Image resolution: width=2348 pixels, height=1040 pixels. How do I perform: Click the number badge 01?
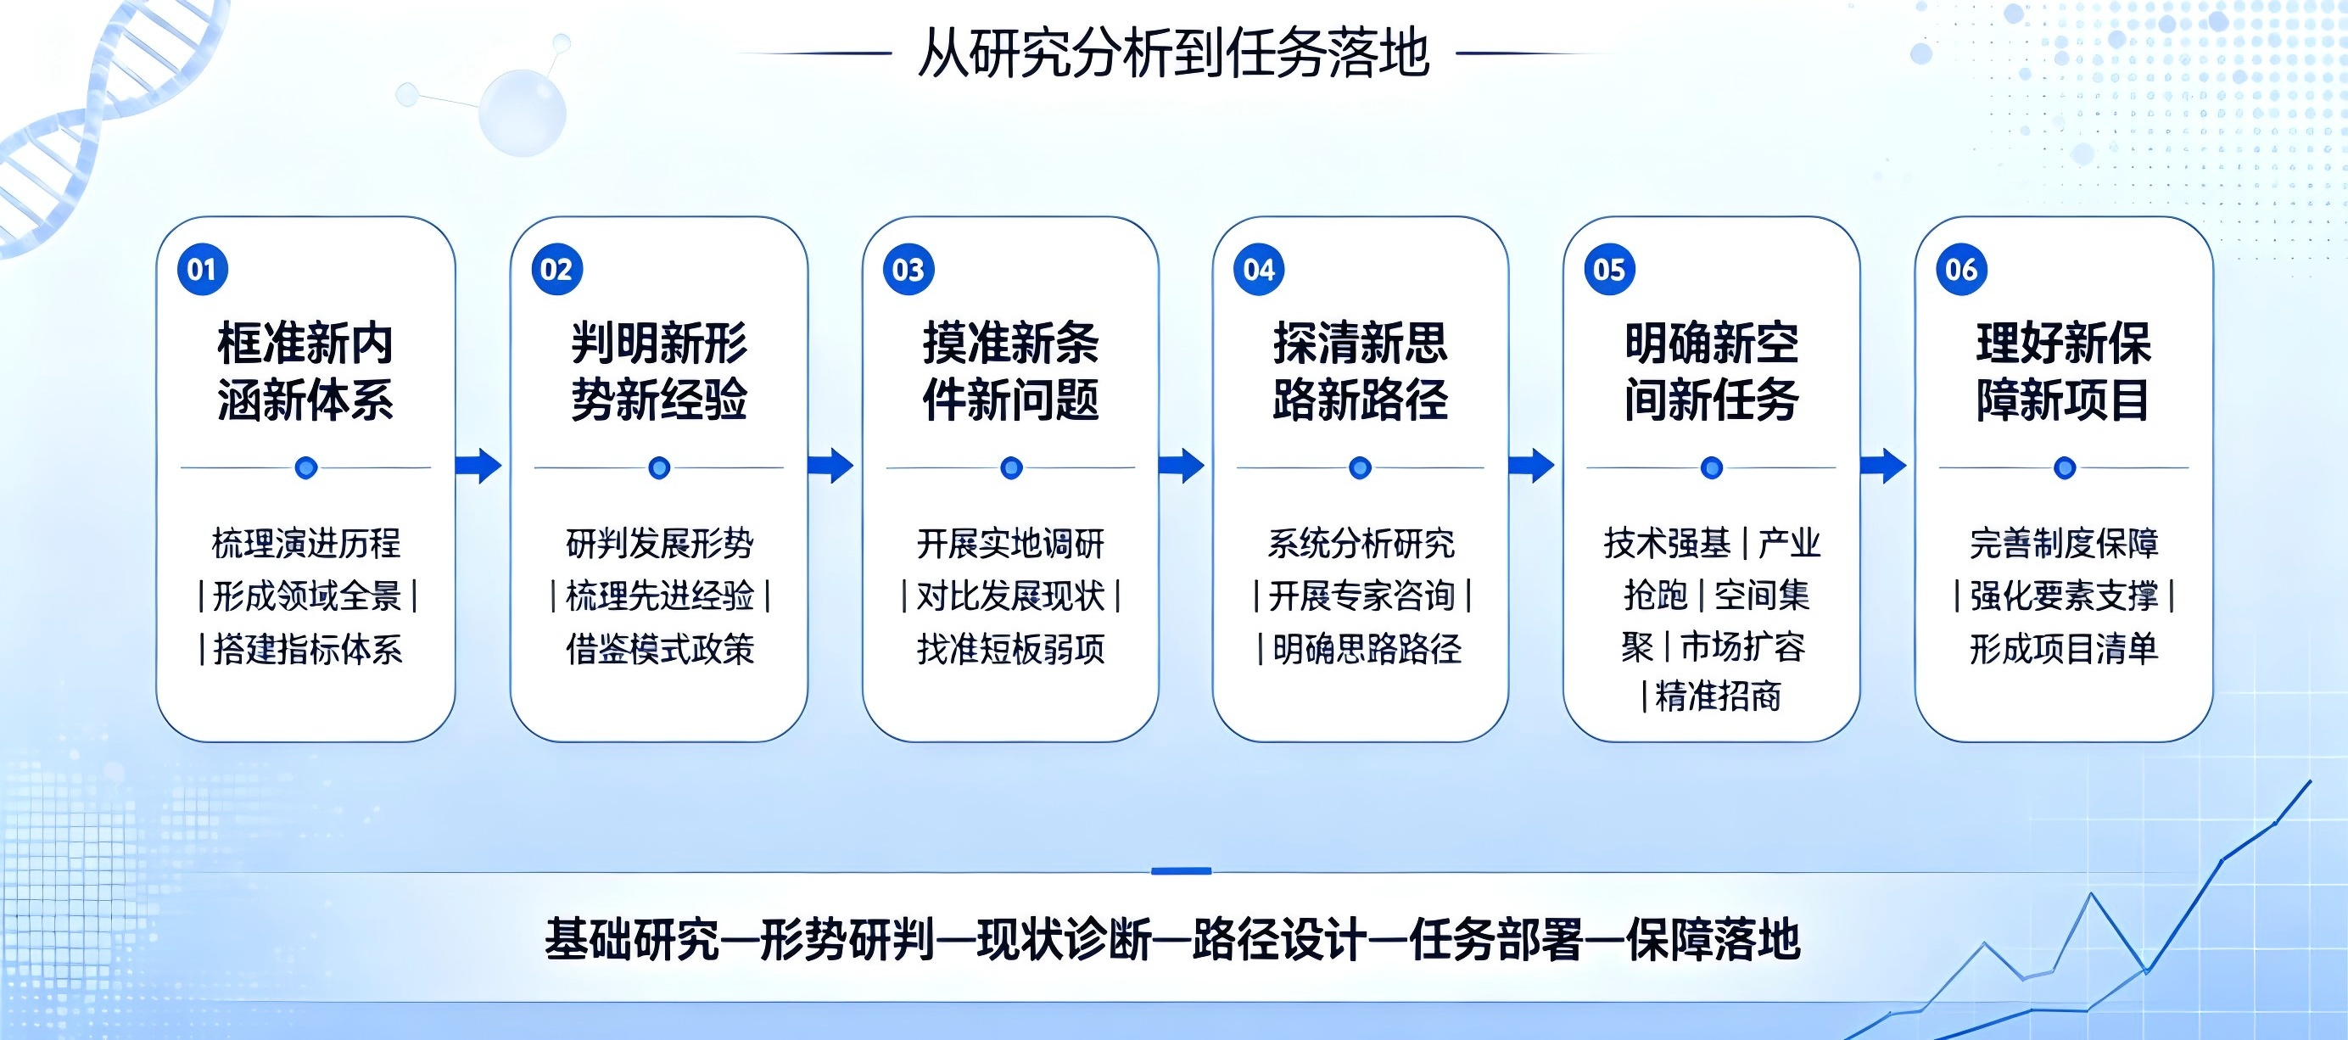point(201,270)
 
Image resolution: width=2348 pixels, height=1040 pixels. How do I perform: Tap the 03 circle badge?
point(908,270)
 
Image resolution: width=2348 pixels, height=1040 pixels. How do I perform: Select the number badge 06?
point(1960,270)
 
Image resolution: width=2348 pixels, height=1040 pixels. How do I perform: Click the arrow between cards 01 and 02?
point(478,466)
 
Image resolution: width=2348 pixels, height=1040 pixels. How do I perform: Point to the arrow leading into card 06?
point(1883,466)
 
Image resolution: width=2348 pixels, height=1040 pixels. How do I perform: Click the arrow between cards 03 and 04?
point(1182,466)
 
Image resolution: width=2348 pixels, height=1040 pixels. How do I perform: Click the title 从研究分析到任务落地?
point(1174,53)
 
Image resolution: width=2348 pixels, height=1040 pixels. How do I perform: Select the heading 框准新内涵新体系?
point(305,371)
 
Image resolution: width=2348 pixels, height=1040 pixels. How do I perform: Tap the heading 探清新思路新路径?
point(1360,371)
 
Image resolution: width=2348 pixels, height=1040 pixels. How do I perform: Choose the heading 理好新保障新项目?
point(2064,371)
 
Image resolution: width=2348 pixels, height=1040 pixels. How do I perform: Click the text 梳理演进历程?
point(306,543)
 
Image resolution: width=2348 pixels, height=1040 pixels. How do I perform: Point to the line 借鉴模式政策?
point(660,649)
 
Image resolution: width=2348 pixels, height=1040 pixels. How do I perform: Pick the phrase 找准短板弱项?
point(1011,649)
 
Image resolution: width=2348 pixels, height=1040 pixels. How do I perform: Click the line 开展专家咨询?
point(1361,596)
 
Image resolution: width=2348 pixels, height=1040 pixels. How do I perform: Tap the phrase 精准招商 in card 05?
point(1718,696)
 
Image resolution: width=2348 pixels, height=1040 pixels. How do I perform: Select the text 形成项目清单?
point(2064,649)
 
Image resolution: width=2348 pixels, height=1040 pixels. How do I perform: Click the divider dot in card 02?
point(659,467)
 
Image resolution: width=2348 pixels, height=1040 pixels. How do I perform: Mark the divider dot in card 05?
point(1712,467)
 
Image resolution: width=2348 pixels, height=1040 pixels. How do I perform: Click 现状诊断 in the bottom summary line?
point(1064,940)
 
